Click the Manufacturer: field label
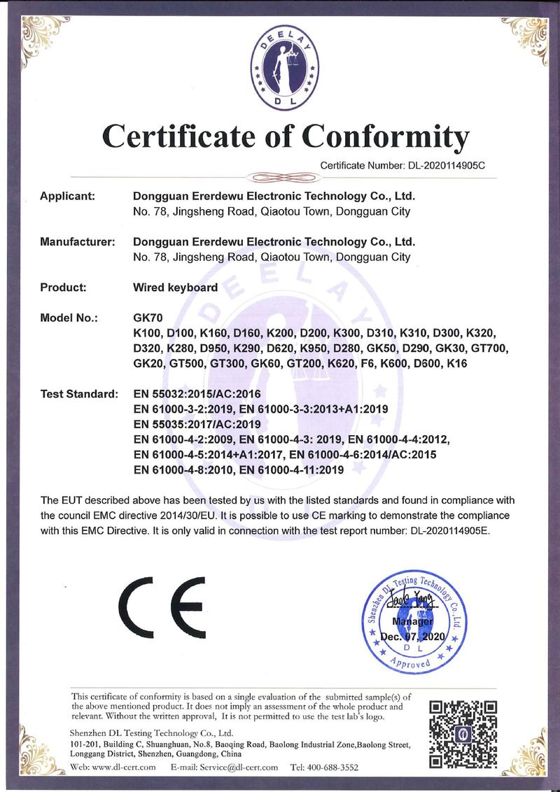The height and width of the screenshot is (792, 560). pyautogui.click(x=77, y=242)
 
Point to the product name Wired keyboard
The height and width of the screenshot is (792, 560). pyautogui.click(x=175, y=287)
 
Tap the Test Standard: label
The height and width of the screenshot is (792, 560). pyautogui.click(x=78, y=395)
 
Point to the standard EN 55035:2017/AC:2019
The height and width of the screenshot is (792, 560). pyautogui.click(x=197, y=425)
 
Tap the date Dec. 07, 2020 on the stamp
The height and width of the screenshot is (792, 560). pyautogui.click(x=413, y=637)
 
